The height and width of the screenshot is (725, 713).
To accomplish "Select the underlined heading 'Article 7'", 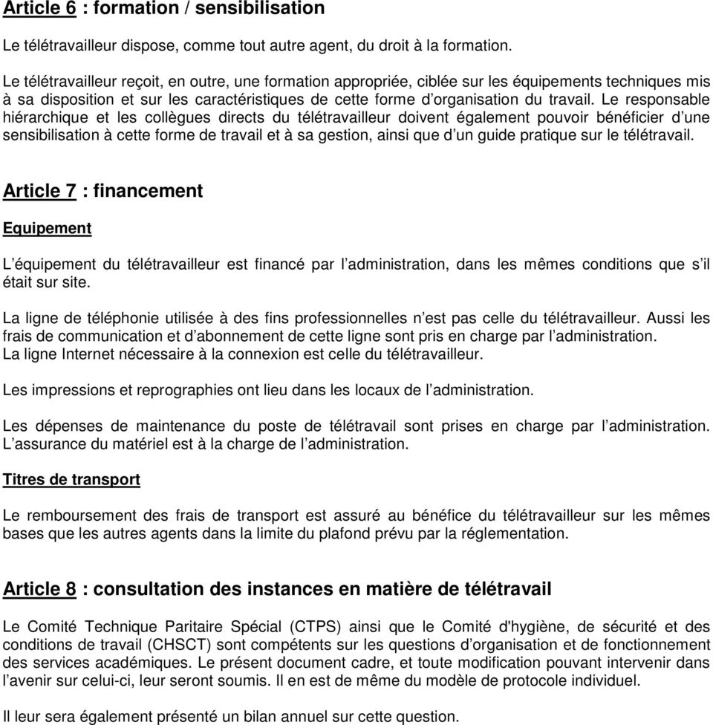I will [x=39, y=191].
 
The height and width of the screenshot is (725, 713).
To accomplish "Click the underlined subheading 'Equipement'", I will [x=48, y=229].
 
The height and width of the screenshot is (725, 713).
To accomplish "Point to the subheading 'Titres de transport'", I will [x=71, y=479].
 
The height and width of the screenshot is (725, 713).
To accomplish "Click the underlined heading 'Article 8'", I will [x=39, y=589].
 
